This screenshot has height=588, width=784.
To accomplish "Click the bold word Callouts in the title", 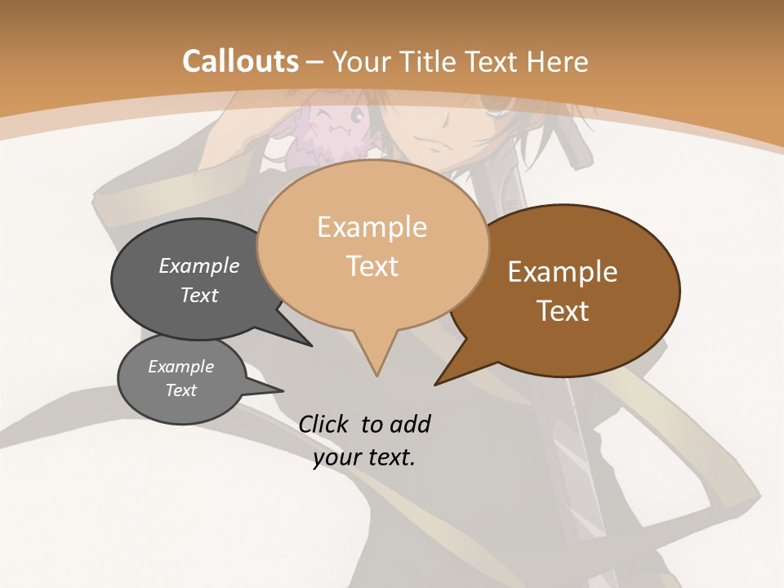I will click(x=240, y=61).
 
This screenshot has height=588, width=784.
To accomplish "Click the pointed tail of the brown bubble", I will click(x=438, y=382).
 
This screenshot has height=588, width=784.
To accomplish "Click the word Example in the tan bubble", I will click(x=372, y=227).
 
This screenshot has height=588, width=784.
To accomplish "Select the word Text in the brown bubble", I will click(x=563, y=311).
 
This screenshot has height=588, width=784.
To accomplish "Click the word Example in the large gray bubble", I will click(x=199, y=265).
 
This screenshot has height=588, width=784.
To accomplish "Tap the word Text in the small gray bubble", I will click(x=180, y=390).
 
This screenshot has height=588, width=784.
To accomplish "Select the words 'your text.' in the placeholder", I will click(x=364, y=457).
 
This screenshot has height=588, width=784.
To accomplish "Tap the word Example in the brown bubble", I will click(x=563, y=271).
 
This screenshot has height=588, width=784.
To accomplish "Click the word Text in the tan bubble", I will click(x=372, y=266).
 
